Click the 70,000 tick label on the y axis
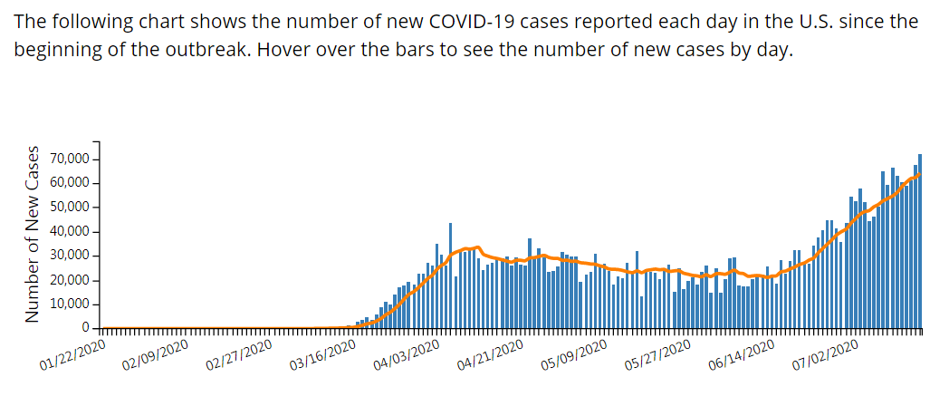click(x=69, y=159)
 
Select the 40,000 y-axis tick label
click(x=69, y=232)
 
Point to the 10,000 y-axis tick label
click(x=69, y=304)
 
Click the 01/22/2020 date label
click(x=72, y=356)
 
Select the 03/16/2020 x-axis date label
click(x=322, y=356)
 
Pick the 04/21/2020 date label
click(x=490, y=356)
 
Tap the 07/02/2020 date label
click(x=824, y=356)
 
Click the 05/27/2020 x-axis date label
click(x=657, y=356)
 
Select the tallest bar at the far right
click(x=920, y=240)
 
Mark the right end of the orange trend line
click(x=920, y=174)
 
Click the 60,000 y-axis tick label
click(x=69, y=183)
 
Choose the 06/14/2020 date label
click(x=741, y=356)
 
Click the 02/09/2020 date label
click(x=156, y=356)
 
